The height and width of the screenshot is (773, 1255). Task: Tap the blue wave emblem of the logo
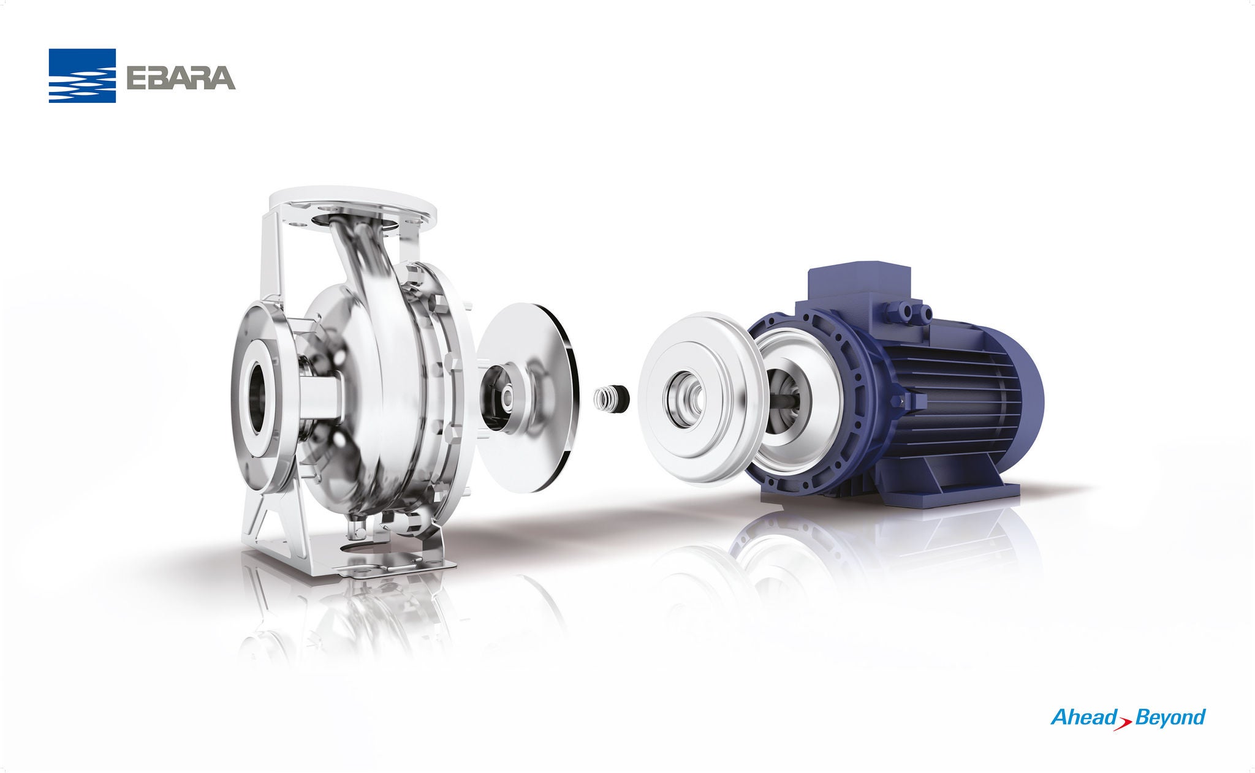[x=82, y=75]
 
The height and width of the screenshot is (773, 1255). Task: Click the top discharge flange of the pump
[x=352, y=209]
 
